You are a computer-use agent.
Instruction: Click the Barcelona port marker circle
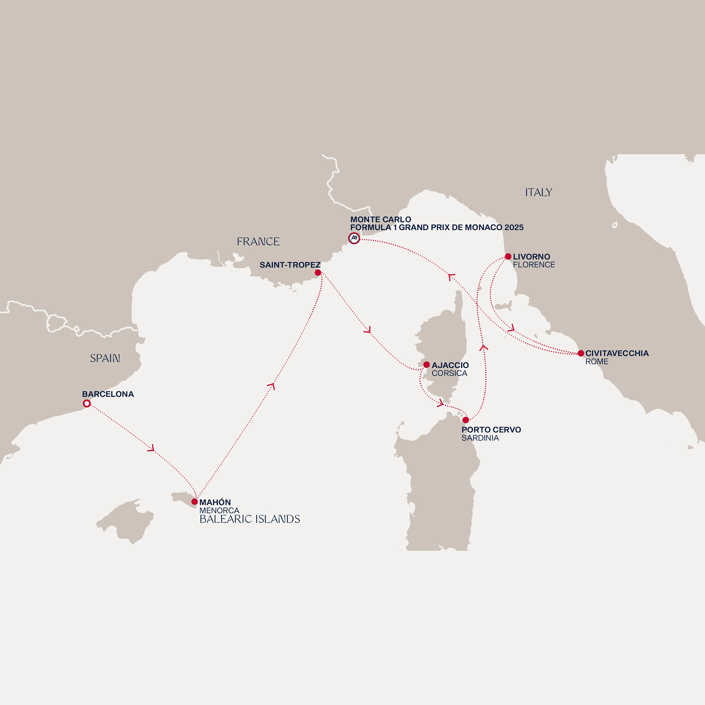(x=87, y=404)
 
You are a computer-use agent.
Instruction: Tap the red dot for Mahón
(x=195, y=502)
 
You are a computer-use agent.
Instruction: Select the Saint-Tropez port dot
(x=318, y=272)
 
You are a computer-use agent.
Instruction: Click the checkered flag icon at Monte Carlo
(x=354, y=238)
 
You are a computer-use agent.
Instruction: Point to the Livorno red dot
(x=508, y=256)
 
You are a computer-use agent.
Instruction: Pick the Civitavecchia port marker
(x=581, y=353)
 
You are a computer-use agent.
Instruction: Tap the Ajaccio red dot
(x=426, y=365)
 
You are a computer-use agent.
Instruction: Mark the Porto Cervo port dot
(x=466, y=420)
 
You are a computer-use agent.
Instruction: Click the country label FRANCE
(x=258, y=242)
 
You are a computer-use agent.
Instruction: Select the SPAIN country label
(x=105, y=358)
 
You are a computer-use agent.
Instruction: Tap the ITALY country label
(x=538, y=192)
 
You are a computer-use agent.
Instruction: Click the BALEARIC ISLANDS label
(x=250, y=519)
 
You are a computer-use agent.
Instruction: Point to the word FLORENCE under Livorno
(x=534, y=265)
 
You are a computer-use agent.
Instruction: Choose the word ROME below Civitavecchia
(x=597, y=362)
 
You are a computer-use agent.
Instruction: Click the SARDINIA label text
(x=480, y=438)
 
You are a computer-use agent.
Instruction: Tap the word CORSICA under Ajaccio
(x=449, y=373)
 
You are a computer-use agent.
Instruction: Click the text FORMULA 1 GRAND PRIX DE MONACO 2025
(x=437, y=228)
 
